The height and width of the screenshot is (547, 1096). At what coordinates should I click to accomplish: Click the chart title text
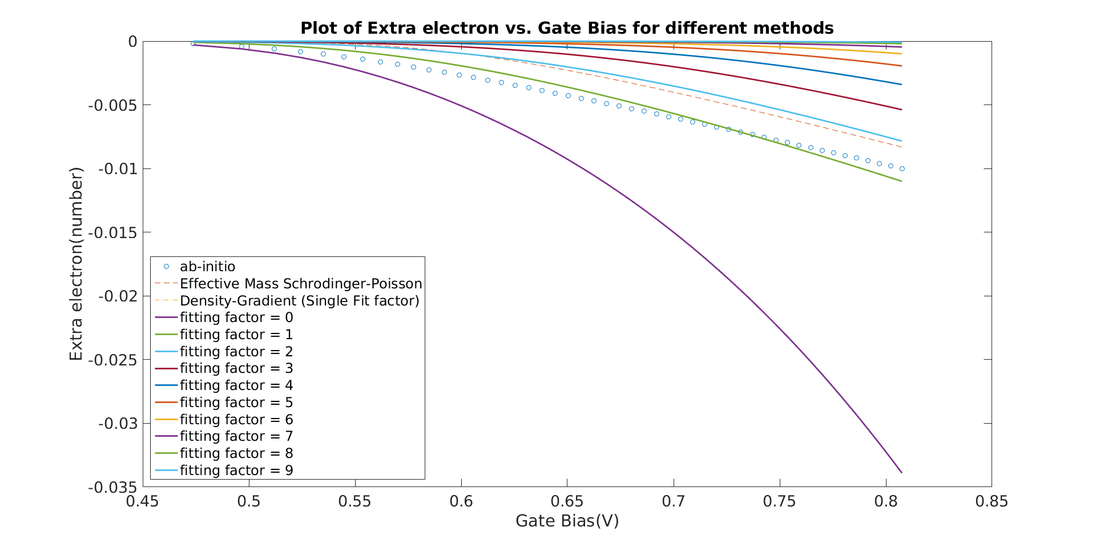(567, 28)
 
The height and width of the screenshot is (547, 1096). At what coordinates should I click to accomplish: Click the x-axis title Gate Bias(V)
(567, 521)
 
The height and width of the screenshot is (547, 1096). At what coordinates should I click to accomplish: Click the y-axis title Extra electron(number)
(76, 264)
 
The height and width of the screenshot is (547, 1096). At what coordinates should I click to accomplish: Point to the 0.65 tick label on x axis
(567, 502)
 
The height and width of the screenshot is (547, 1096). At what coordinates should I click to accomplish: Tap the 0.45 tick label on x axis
(143, 502)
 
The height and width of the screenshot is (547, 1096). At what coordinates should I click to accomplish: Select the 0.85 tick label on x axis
(991, 502)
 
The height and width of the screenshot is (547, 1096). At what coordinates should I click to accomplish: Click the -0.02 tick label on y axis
(118, 296)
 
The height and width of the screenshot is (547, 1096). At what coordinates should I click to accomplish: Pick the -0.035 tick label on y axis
(113, 487)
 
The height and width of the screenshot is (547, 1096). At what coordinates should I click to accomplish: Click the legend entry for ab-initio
(207, 267)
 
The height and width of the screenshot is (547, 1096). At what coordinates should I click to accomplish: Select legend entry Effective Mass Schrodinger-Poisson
(301, 284)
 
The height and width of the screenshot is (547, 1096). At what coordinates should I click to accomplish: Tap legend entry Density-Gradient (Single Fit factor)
(299, 301)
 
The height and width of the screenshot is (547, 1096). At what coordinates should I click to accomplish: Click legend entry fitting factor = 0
(236, 317)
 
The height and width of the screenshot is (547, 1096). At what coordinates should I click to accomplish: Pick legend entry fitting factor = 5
(236, 403)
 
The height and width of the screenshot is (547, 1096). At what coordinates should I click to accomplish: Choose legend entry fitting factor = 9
(236, 470)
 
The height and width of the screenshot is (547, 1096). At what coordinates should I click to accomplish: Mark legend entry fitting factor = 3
(236, 368)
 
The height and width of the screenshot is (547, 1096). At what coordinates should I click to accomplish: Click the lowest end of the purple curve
(901, 472)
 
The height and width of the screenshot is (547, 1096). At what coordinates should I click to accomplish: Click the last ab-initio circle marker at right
(902, 168)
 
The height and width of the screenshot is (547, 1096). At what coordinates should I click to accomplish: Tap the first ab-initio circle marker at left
(193, 43)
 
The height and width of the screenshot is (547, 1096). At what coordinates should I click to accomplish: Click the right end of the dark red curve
(901, 110)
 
